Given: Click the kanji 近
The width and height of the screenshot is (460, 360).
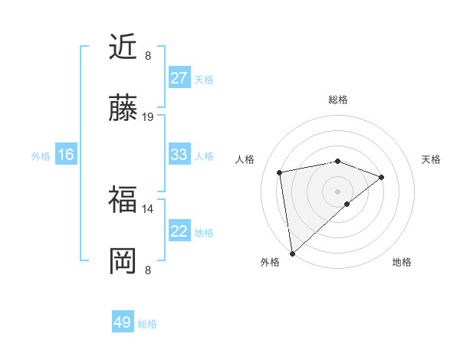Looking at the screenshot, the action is coord(123,47).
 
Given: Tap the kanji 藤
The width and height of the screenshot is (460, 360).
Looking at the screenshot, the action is coord(123,110).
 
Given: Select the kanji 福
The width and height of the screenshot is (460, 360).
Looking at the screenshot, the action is coord(123,201).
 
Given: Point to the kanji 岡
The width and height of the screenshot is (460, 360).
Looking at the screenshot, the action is coord(123,262).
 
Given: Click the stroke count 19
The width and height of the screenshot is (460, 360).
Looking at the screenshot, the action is coord(148,117).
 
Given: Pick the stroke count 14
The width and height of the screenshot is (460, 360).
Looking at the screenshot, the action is coord(148,208).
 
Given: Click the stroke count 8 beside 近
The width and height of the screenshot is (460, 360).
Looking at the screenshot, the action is coord(148,55).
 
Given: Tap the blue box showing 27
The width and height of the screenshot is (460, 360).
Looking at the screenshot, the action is coord(179,78).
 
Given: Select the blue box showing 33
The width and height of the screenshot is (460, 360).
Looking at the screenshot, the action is coord(179,155).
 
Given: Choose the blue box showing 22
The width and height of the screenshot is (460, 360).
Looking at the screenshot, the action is coord(179,231).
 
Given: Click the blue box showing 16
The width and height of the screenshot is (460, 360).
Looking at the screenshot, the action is coord(65,155).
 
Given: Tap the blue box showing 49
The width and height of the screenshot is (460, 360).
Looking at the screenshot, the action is coord(123,322).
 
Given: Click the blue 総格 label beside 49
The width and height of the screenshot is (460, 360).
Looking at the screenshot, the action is coord(147,324).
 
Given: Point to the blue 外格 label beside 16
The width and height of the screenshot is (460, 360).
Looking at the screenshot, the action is coord(41,156).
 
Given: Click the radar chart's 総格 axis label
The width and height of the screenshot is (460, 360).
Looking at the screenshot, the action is coord(338,100).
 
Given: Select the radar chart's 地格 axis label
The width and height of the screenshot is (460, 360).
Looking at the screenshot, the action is coord(402,262).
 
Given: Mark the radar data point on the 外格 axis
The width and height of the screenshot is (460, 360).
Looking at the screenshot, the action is coord(292,253).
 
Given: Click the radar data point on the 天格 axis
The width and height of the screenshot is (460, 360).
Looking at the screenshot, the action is coord(382,177).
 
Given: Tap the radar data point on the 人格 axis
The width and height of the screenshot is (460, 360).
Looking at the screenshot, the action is coord(280,172).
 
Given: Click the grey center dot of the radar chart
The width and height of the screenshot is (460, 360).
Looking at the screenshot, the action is coord(338,191).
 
